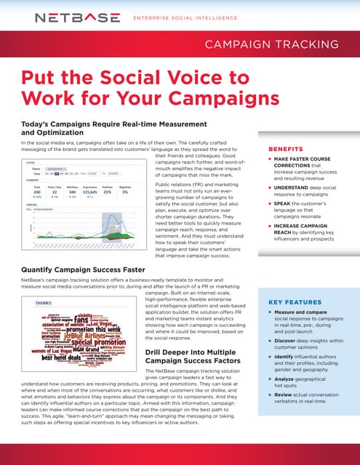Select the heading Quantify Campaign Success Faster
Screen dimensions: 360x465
pyautogui.click(x=88, y=270)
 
